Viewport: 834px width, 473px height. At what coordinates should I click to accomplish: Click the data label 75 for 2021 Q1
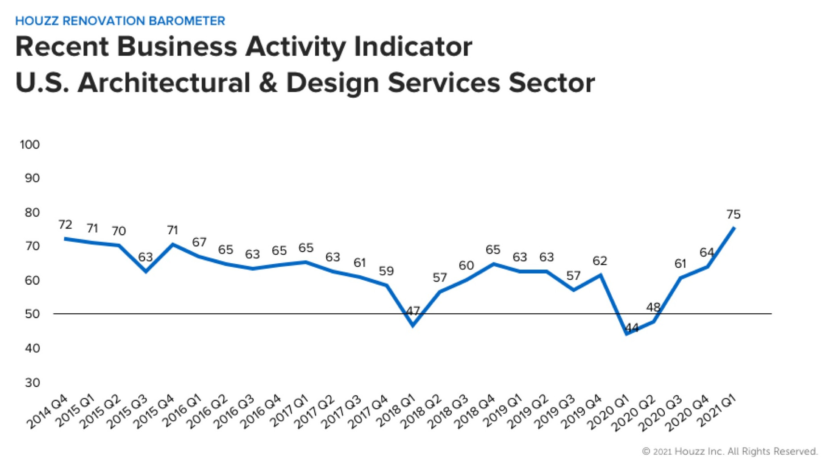[733, 215]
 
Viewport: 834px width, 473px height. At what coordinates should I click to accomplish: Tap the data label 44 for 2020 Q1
[632, 328]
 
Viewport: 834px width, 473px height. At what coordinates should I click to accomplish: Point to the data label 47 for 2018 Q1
[413, 311]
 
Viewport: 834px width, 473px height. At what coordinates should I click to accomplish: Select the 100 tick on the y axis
[29, 145]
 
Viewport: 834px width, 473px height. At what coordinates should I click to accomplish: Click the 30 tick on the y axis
[32, 382]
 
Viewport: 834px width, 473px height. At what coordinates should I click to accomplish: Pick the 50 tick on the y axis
[32, 314]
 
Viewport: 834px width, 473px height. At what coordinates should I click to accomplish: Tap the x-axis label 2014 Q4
[47, 412]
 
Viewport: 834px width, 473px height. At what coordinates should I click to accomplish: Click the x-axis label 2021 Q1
[716, 411]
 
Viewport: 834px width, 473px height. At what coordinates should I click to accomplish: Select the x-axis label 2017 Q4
[368, 412]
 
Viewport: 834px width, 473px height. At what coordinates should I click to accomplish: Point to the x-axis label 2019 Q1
[502, 411]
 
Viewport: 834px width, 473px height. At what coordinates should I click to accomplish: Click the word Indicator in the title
[413, 46]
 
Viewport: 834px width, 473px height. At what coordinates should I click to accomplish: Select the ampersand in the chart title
[267, 83]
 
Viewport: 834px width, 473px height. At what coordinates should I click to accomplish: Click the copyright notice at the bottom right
[730, 452]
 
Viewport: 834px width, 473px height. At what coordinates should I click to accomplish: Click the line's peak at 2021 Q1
[734, 228]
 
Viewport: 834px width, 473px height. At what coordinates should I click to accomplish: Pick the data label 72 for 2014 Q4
[65, 224]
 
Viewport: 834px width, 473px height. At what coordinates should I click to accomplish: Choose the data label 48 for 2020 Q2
[653, 307]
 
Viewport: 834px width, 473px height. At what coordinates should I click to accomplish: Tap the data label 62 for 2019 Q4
[600, 261]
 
